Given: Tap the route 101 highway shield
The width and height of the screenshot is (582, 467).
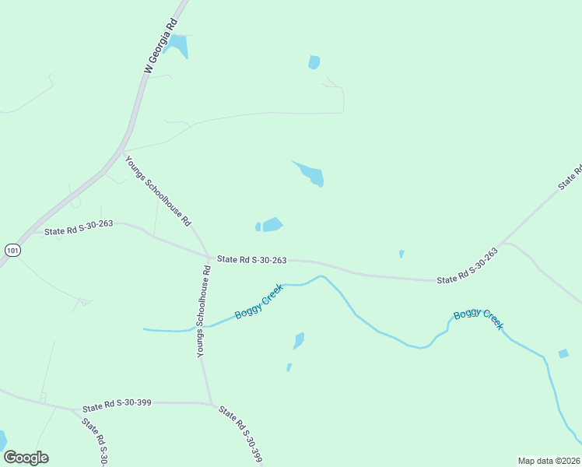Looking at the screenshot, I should tap(11, 251).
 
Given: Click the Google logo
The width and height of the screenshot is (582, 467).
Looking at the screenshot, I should tap(26, 458).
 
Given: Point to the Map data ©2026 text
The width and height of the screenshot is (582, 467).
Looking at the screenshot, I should tap(548, 461).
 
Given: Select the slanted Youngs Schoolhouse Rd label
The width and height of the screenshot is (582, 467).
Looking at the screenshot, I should tap(158, 191).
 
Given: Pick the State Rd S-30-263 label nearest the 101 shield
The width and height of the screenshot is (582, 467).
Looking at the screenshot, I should tap(79, 227).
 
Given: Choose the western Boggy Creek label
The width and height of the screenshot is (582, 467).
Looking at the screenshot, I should tap(258, 303).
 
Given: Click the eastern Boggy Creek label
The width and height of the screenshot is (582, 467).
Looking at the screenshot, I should tap(479, 318).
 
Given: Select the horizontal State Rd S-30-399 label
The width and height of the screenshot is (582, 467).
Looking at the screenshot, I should tap(117, 406).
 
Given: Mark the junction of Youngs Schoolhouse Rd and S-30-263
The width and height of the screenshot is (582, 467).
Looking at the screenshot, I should tap(209, 256).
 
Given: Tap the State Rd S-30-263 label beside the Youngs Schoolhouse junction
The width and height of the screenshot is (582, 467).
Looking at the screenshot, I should tap(252, 259).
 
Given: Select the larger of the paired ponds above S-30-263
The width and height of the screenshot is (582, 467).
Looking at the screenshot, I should tap(272, 225).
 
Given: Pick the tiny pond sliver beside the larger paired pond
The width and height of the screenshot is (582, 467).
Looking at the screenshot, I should tap(258, 226).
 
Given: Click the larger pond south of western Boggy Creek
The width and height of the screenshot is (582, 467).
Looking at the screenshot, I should tap(299, 341).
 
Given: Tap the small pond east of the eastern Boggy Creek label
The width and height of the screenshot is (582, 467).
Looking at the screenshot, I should tap(563, 354).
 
